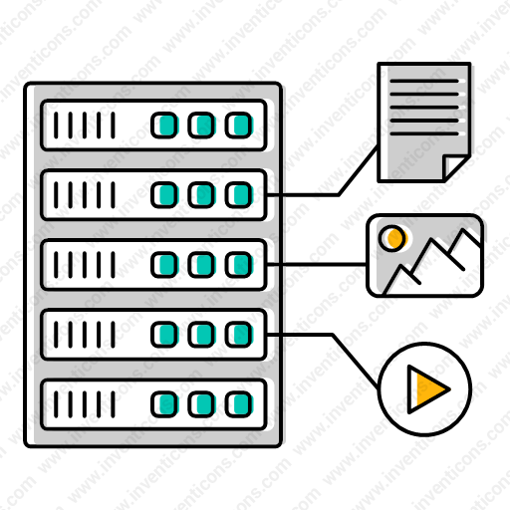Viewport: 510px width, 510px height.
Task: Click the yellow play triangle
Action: tap(426, 389)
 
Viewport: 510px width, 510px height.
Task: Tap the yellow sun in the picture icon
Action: tap(393, 238)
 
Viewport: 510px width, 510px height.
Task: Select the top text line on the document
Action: tap(424, 81)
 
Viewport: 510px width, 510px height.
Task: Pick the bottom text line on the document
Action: tap(424, 133)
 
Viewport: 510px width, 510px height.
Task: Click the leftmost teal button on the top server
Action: tap(164, 126)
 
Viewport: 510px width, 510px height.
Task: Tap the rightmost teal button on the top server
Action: tap(239, 126)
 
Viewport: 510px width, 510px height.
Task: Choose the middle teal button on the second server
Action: tap(201, 195)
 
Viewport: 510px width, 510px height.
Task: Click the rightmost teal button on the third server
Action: tap(239, 265)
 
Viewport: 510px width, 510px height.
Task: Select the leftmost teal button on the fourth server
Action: tap(164, 335)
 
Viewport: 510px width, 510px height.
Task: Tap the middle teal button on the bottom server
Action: tap(201, 404)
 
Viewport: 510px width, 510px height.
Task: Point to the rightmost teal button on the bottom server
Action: tap(239, 404)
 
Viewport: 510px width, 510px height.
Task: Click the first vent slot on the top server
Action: tap(56, 126)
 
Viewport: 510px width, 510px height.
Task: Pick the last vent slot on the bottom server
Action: tap(113, 404)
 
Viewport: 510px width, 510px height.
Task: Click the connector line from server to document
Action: tap(338, 194)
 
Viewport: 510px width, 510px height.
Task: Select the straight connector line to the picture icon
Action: tap(317, 264)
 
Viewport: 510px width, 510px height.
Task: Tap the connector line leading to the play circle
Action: tap(332, 335)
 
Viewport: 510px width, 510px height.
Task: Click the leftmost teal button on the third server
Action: tap(164, 265)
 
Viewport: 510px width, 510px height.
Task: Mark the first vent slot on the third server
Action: tap(56, 265)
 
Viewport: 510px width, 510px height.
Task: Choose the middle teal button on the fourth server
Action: tap(201, 335)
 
